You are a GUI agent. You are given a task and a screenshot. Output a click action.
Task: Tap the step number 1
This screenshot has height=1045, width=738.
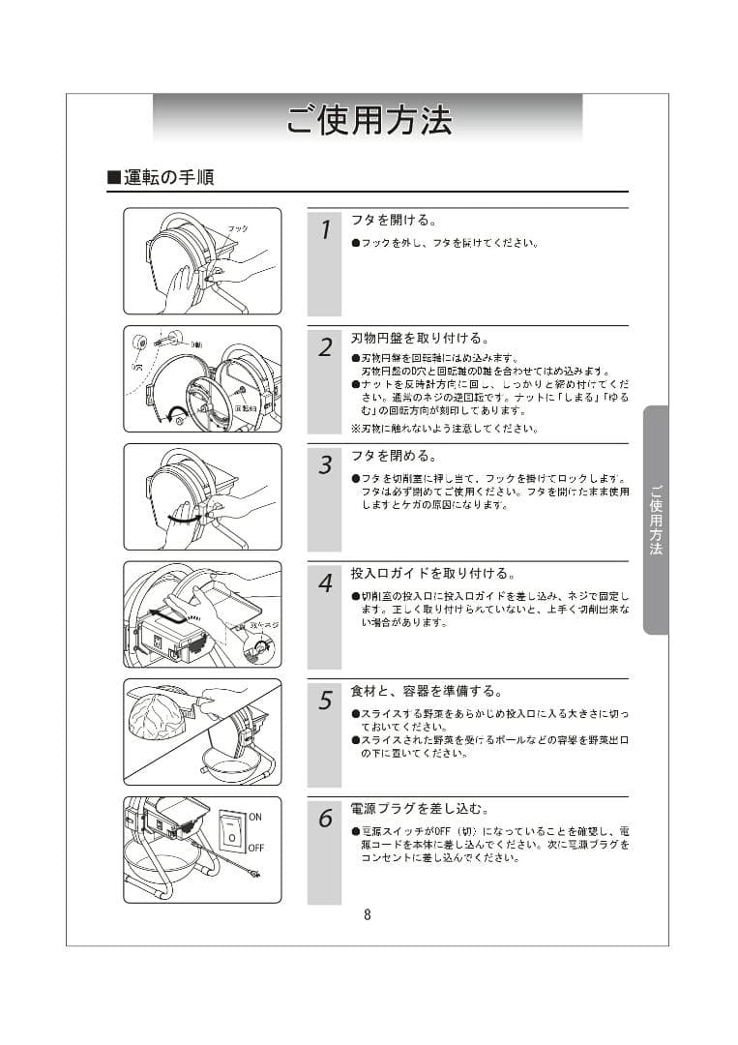[325, 230]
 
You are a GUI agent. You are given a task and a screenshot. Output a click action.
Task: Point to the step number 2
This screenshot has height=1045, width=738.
[325, 347]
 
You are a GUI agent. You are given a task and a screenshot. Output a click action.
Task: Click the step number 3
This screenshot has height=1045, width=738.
[325, 465]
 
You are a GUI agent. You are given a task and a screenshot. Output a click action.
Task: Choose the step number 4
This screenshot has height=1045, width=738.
[325, 583]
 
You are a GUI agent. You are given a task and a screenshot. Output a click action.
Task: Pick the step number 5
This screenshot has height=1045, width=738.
[325, 702]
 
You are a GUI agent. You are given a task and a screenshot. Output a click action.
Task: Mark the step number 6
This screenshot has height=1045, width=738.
[325, 819]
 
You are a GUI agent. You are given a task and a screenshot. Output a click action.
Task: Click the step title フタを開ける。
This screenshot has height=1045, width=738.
[394, 221]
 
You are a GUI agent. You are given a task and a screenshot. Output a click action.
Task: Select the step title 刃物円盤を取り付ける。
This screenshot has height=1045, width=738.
[420, 339]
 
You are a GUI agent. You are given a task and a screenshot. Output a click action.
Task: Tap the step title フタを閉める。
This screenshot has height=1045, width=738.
[394, 456]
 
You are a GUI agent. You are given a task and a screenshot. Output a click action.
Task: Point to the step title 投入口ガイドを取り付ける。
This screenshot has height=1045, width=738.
[432, 574]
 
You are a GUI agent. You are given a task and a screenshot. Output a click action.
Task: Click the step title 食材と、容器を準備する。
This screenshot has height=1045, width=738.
[427, 691]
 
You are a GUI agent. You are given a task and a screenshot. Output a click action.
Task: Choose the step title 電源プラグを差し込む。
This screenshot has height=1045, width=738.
[420, 809]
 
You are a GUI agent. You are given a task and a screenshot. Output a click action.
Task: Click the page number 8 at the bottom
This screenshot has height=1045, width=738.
[368, 915]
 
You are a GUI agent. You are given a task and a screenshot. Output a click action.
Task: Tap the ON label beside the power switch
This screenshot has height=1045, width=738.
[255, 817]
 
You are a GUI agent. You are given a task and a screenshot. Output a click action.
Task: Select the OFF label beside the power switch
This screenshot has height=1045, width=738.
[256, 848]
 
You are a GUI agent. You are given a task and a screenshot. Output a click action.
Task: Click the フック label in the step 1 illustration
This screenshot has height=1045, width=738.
[238, 228]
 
